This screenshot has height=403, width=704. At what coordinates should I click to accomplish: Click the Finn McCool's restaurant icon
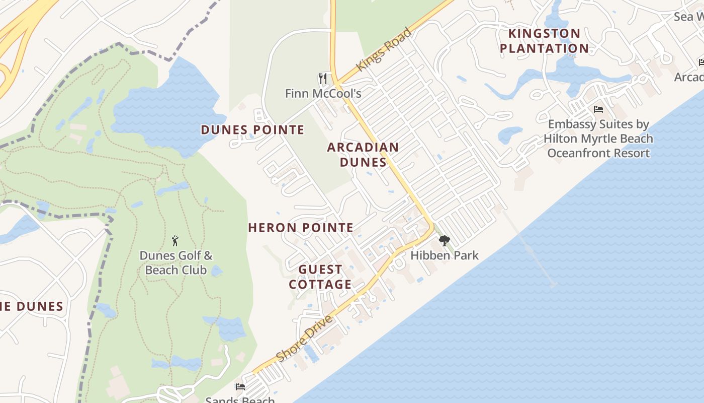[x=323, y=79]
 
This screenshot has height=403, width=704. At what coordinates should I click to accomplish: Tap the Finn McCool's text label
[x=323, y=94]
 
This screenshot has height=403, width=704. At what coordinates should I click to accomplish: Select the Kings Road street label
[x=384, y=50]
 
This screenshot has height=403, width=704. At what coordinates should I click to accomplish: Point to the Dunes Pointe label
[x=252, y=130]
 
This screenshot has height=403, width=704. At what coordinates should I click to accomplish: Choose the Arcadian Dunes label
[x=363, y=155]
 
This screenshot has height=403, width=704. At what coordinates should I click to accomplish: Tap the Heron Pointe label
[x=301, y=228]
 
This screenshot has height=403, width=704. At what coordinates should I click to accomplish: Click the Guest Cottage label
[x=320, y=277]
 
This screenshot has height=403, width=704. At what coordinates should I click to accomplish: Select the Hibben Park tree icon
[x=444, y=241]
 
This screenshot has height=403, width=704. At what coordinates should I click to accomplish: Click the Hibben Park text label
[x=444, y=255]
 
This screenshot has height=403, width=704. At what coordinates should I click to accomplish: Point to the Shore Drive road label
[x=305, y=339]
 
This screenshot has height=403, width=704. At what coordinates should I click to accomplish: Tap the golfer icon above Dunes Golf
[x=175, y=241]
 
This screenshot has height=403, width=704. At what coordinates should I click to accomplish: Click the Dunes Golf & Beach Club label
[x=176, y=263]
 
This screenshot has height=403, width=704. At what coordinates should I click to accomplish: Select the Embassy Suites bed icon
[x=598, y=109]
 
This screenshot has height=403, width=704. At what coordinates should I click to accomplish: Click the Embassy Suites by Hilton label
[x=598, y=139]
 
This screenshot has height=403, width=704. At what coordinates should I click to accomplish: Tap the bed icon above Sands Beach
[x=240, y=387]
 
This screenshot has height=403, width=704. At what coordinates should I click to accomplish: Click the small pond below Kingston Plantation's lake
[x=509, y=135]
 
